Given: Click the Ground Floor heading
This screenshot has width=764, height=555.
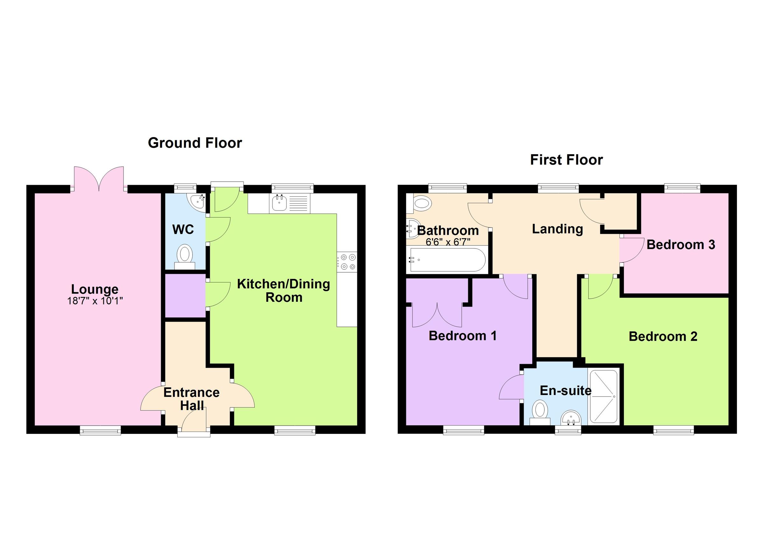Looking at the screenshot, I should [x=195, y=143].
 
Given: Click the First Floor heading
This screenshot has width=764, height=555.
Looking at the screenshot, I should [x=566, y=160].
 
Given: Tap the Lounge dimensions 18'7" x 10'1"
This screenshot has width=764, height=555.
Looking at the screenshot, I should [x=95, y=301].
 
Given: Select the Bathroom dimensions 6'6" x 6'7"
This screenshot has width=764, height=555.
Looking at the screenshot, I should [x=448, y=242].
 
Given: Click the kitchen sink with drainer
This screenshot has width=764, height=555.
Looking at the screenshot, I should [x=289, y=203].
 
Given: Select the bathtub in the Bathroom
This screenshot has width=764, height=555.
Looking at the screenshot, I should [x=447, y=260].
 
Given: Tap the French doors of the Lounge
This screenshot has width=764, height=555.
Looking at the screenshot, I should [x=99, y=178].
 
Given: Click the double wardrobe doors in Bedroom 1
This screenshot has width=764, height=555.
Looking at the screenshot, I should [x=437, y=316].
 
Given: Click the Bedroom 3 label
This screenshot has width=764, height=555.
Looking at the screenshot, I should [x=681, y=245].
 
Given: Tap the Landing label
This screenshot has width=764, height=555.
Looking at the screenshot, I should [x=557, y=229].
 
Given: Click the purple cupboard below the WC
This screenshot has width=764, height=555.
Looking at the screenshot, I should [x=185, y=295].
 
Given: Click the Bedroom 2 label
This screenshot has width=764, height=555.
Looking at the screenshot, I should [x=662, y=336].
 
